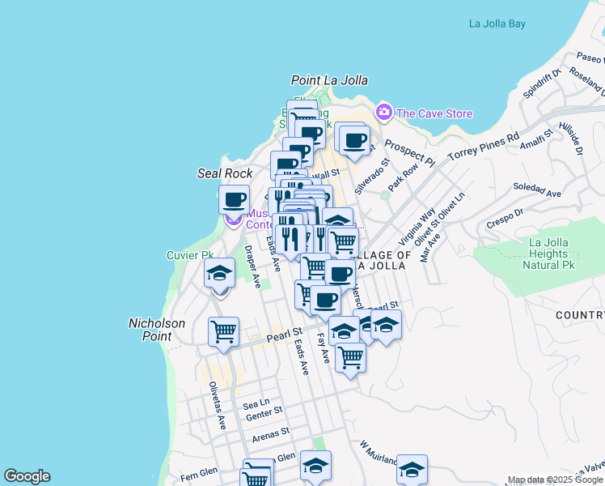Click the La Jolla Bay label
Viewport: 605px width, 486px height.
coord(497,23)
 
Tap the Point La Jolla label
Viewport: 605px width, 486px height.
coord(329,80)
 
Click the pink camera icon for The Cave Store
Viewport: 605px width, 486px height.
coord(383,112)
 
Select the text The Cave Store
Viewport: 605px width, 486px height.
coord(434,113)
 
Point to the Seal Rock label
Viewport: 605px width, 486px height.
coord(225,173)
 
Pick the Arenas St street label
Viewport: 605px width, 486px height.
coord(270,435)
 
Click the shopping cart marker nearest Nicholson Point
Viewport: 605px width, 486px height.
coord(223,330)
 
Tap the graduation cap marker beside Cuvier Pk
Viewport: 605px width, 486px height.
coord(218,274)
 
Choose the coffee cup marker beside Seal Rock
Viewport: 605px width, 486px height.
coord(235,199)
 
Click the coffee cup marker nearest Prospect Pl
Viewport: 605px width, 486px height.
coord(353,141)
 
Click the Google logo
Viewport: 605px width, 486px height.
coord(27,476)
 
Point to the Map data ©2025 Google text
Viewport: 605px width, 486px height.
coord(554,480)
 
